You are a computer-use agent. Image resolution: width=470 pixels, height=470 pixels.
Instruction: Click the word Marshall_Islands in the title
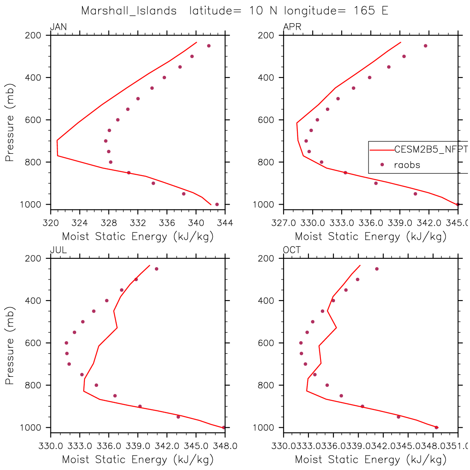tap(129, 11)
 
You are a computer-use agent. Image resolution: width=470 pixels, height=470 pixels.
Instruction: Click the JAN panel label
tap(58, 27)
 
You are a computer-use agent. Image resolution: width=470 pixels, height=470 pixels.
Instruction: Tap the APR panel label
tap(292, 27)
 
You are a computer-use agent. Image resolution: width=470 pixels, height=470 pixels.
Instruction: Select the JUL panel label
tap(58, 250)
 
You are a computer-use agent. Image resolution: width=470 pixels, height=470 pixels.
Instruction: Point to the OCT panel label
tap(292, 250)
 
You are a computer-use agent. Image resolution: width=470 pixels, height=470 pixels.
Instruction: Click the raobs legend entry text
tap(407, 165)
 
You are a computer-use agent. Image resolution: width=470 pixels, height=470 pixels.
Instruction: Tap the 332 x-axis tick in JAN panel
tap(138, 223)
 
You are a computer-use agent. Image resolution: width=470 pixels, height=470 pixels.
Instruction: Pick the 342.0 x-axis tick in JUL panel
tap(167, 446)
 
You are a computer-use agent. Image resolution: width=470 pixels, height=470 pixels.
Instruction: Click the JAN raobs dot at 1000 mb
tap(217, 204)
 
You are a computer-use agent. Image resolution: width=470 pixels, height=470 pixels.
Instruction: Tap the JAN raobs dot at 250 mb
tap(209, 46)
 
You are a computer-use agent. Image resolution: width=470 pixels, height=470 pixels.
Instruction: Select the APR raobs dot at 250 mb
tap(425, 46)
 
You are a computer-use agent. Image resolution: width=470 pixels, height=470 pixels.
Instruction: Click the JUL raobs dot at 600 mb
tap(66, 343)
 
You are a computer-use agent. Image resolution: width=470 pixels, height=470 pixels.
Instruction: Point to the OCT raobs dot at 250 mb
tap(377, 269)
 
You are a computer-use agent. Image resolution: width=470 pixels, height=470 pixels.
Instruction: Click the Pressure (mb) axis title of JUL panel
tap(10, 345)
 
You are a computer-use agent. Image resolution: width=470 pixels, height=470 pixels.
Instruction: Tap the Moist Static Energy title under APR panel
tap(371, 236)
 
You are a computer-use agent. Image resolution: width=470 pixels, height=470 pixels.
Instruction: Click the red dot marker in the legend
tap(382, 165)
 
